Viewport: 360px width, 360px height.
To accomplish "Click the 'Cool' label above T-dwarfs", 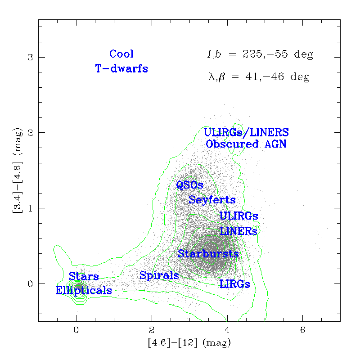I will (x=121, y=54).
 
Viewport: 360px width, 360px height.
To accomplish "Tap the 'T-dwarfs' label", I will (x=121, y=69).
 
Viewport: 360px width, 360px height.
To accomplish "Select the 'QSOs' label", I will (x=189, y=185).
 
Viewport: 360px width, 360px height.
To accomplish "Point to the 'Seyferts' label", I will (x=212, y=200).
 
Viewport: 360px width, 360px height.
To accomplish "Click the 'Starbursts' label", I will (x=208, y=254).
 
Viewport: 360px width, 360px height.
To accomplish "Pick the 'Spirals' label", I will (x=159, y=275).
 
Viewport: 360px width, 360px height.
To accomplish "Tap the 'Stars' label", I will (x=84, y=276).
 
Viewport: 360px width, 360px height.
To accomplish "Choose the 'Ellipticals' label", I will (x=84, y=291).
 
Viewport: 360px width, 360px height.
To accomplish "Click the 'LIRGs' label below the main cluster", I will (x=234, y=284).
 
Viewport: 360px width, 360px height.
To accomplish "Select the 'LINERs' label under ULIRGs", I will (x=238, y=231).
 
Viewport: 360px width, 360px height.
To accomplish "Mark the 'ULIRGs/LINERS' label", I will (x=246, y=133).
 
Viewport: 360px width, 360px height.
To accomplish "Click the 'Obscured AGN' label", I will (x=246, y=144).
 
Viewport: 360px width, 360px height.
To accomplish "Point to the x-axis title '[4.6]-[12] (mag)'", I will (x=189, y=343).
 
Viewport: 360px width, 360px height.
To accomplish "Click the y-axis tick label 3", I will (x=29, y=58).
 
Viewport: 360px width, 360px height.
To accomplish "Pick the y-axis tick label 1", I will (x=29, y=208).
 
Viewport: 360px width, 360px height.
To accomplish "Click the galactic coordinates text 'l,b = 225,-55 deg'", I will (x=260, y=55).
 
